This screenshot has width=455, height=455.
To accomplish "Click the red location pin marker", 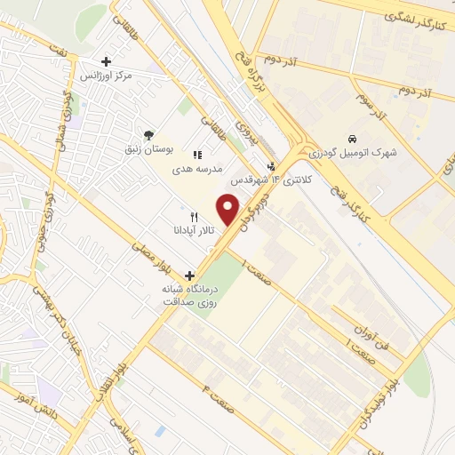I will [228, 211].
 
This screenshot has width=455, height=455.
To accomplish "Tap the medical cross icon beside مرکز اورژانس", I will [106, 62].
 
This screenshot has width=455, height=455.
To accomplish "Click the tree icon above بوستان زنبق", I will [147, 134].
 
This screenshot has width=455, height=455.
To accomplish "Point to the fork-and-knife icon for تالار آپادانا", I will [193, 216].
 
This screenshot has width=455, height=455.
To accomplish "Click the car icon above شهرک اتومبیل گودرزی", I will [353, 139].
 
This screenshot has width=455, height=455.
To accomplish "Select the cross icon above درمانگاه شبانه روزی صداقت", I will [189, 276].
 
